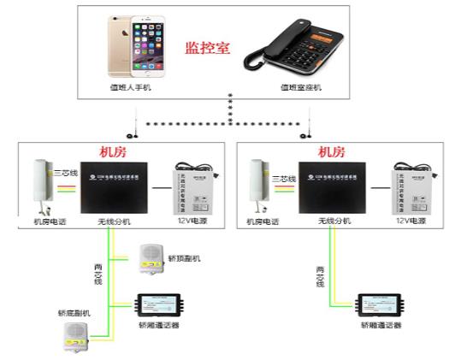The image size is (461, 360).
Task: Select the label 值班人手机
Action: point(129,87)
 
